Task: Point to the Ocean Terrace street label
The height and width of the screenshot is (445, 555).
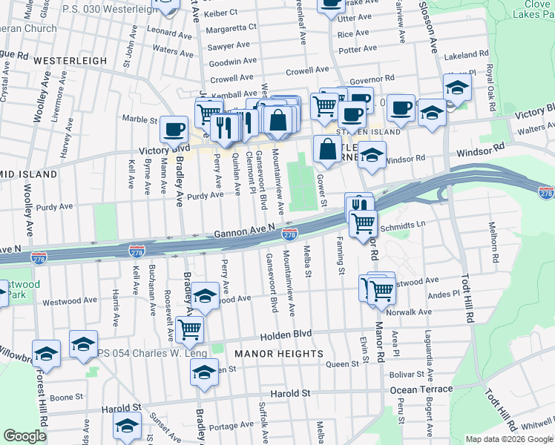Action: click(421, 389)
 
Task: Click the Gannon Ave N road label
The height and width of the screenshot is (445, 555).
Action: click(245, 233)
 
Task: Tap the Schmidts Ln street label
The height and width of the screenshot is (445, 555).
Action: click(404, 223)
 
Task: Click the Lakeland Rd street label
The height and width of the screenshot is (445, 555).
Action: click(465, 55)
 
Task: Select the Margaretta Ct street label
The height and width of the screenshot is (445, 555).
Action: click(231, 27)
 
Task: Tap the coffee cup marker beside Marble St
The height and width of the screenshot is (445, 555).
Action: click(174, 130)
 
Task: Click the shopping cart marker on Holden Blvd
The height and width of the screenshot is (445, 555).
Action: click(190, 329)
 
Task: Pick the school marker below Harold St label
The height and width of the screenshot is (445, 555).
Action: click(127, 426)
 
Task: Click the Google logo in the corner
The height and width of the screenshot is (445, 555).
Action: click(25, 436)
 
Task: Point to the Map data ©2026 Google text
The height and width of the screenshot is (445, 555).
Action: click(508, 439)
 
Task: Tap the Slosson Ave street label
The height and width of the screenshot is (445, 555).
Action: click(430, 26)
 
